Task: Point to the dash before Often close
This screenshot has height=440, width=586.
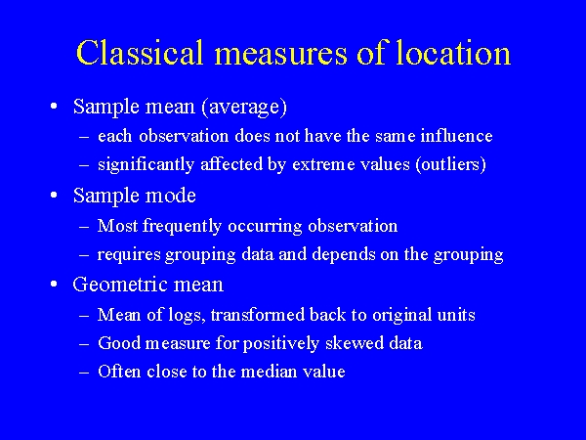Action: tap(85, 373)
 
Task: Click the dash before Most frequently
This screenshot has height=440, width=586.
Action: tap(85, 226)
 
